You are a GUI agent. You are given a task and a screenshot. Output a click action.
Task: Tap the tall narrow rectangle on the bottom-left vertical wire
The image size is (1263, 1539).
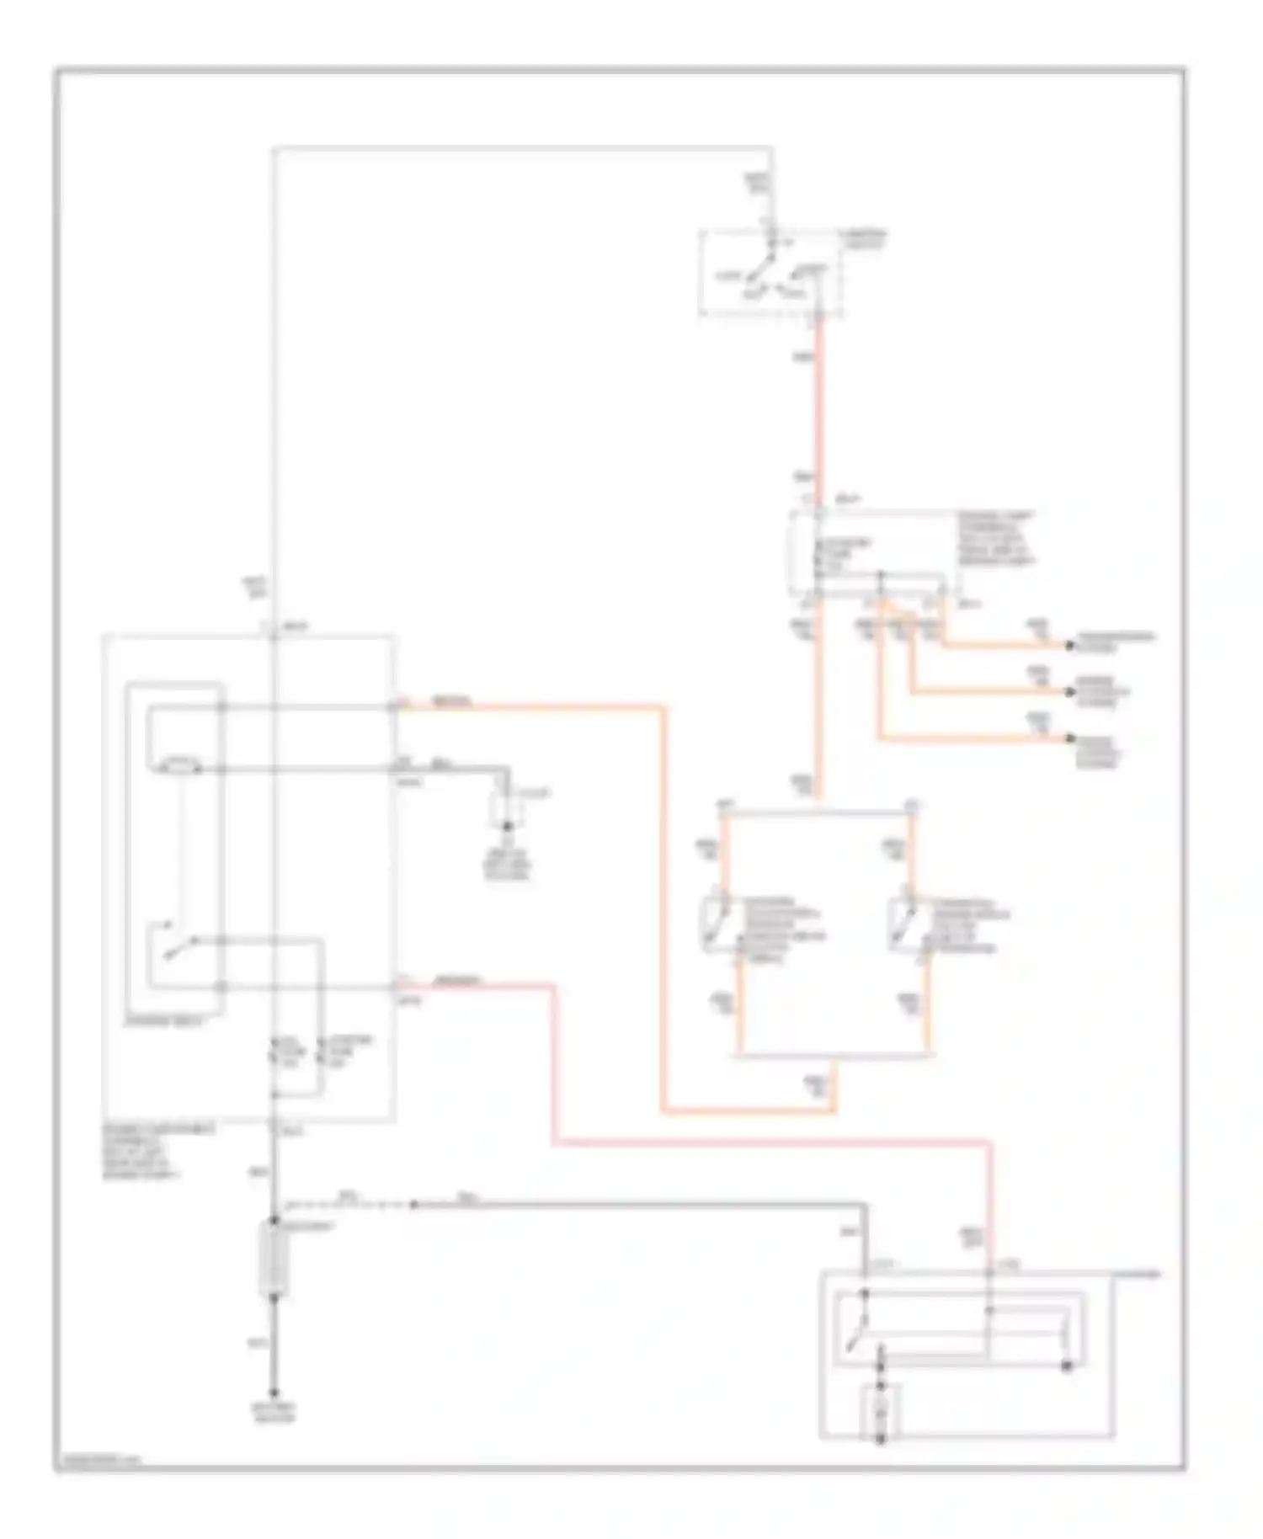274,1260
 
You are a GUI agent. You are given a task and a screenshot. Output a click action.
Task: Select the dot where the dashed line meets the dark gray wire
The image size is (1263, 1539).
413,1205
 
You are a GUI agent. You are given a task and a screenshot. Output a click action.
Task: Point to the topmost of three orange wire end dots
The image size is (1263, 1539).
1069,646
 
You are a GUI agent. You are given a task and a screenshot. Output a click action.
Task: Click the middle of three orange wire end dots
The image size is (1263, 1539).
1069,692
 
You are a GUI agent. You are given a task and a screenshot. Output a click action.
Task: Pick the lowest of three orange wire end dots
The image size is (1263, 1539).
1069,738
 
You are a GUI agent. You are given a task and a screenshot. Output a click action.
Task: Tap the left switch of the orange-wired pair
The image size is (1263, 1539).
714,924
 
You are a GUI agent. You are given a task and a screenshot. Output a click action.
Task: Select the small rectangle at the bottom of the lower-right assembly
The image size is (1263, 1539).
882,1408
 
